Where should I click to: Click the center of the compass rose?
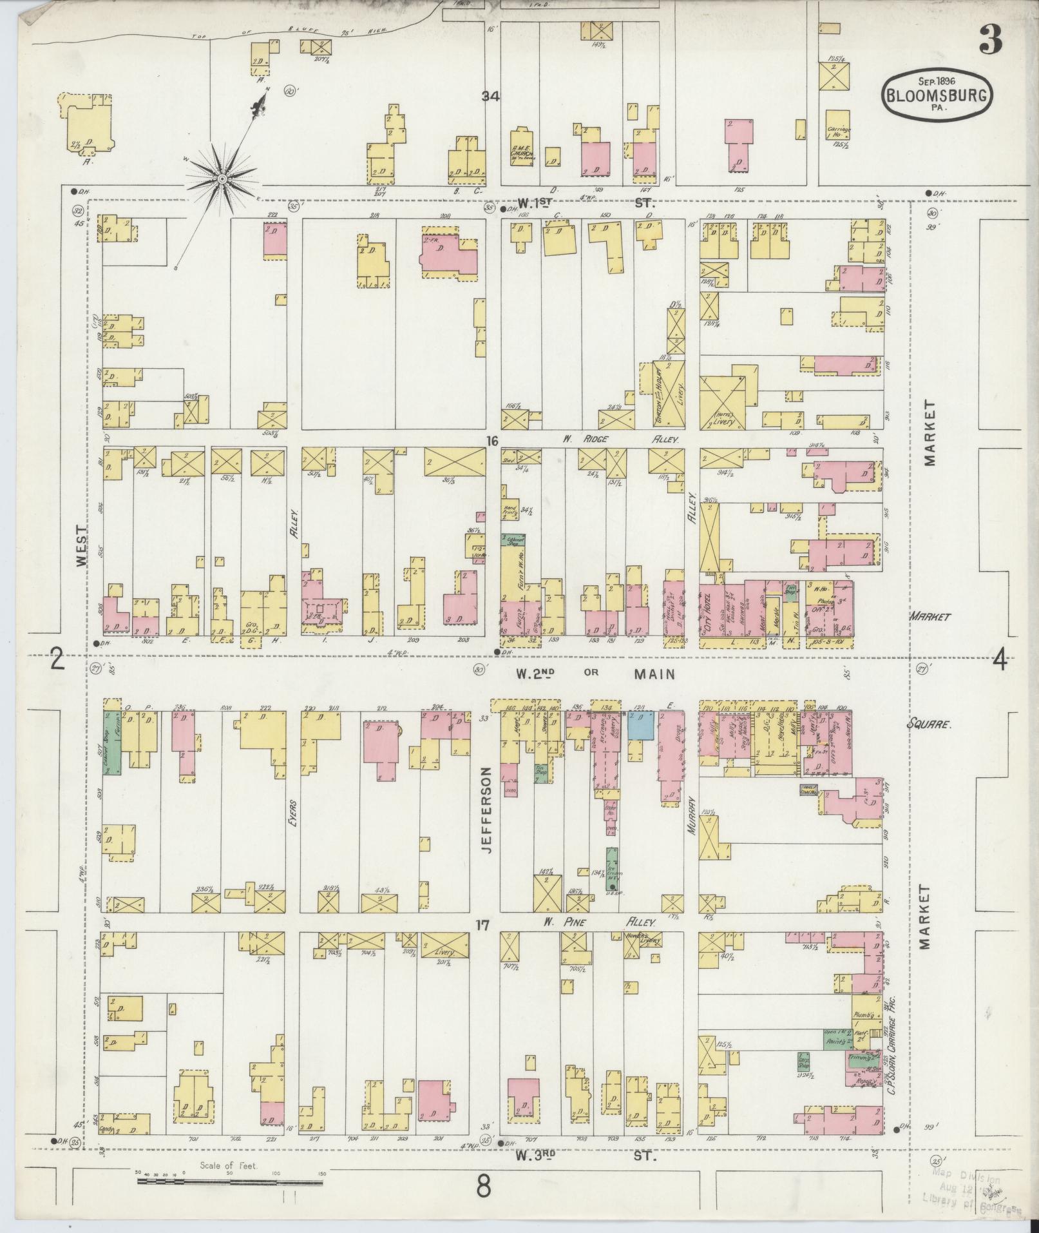222,177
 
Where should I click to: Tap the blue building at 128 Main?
642,725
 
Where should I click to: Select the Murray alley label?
691,815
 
